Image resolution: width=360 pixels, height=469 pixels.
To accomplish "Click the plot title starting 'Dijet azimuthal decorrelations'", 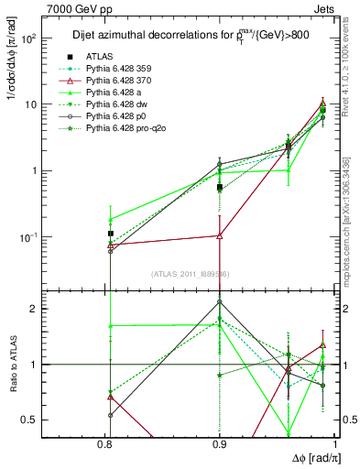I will (x=188, y=36).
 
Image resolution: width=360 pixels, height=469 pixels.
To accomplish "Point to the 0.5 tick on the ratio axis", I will (x=52, y=420).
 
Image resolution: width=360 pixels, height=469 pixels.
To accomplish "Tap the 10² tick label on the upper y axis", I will (x=50, y=38).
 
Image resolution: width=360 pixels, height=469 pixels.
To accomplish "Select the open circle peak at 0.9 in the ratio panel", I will (x=220, y=300).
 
